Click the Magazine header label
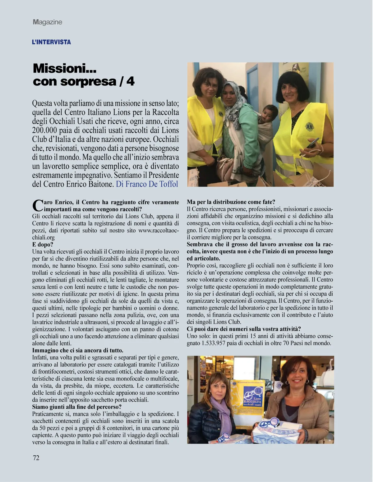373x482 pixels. click(48, 22)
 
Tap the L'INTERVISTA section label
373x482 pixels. click(51, 42)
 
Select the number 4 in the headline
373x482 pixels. click(130, 81)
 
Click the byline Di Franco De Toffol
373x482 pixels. click(147, 184)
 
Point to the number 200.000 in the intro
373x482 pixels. click(47, 130)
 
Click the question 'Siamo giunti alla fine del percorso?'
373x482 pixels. click(77, 407)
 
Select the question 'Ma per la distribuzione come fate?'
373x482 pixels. click(231, 202)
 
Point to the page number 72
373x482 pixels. click(36, 457)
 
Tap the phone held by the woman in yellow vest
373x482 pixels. click(312, 143)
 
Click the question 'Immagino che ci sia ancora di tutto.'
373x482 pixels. click(78, 351)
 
